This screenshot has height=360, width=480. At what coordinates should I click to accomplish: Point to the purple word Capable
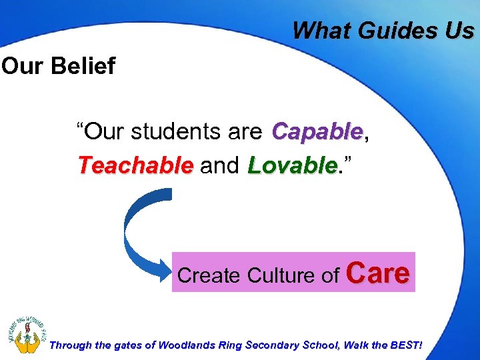pos(317,131)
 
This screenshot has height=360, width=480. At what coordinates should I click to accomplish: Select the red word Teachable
pos(135,165)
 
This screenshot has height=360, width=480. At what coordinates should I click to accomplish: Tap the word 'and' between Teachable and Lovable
pos(220,165)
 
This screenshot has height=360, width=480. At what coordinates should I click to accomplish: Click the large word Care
pos(379,273)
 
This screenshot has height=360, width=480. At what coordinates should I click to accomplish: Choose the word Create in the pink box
pos(209,275)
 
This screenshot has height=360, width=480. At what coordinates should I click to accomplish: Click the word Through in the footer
pos(70,345)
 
